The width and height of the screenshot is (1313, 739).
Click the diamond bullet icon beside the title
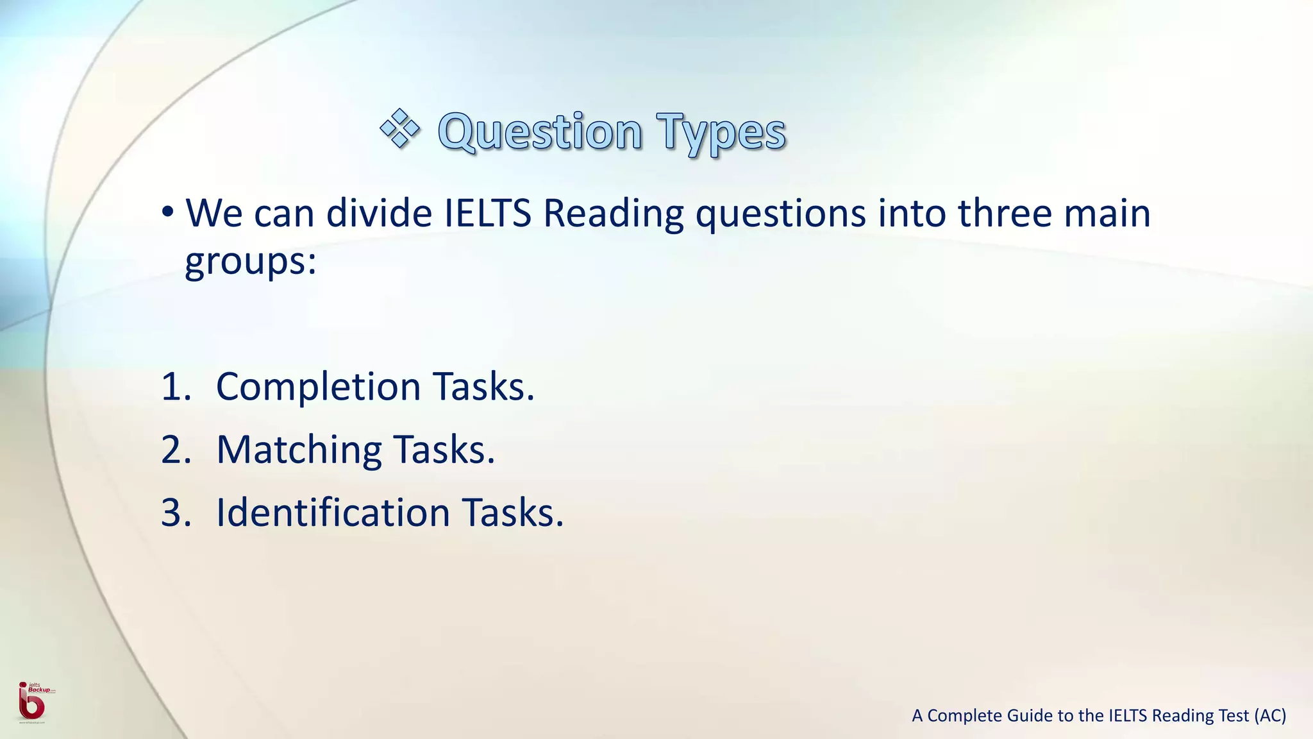click(x=399, y=129)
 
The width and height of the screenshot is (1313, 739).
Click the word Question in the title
click(x=540, y=132)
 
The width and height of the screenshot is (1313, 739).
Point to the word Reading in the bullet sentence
click(x=614, y=214)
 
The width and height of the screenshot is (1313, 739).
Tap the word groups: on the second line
click(x=251, y=262)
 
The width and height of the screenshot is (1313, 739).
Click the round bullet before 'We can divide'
click(x=168, y=212)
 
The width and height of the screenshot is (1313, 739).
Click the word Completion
click(x=318, y=387)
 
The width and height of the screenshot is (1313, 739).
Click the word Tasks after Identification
click(x=513, y=513)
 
